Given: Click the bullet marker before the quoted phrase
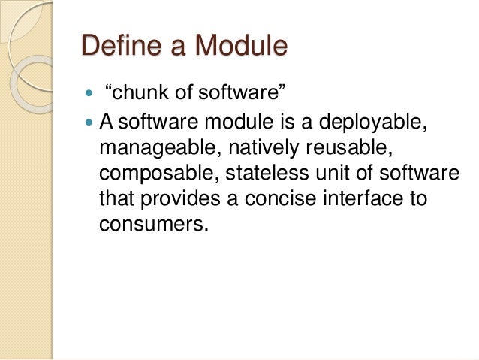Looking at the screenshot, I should click(89, 93).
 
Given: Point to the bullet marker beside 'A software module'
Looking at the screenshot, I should click(89, 119).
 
